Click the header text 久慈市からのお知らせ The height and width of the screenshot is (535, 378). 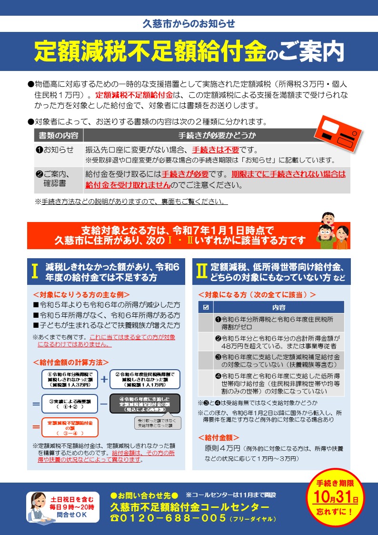pyautogui.click(x=189, y=23)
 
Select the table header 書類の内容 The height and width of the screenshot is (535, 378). pyautogui.click(x=59, y=135)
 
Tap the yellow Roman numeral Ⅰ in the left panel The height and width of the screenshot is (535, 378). pyautogui.click(x=35, y=271)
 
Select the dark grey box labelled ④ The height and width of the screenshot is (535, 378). pyautogui.click(x=144, y=403)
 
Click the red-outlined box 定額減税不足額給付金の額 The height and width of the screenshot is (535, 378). pyautogui.click(x=70, y=427)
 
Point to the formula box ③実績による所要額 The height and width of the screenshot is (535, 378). pyautogui.click(x=70, y=403)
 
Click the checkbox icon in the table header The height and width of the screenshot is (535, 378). pyautogui.click(x=206, y=307)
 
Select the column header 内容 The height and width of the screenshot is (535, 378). pyautogui.click(x=279, y=307)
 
